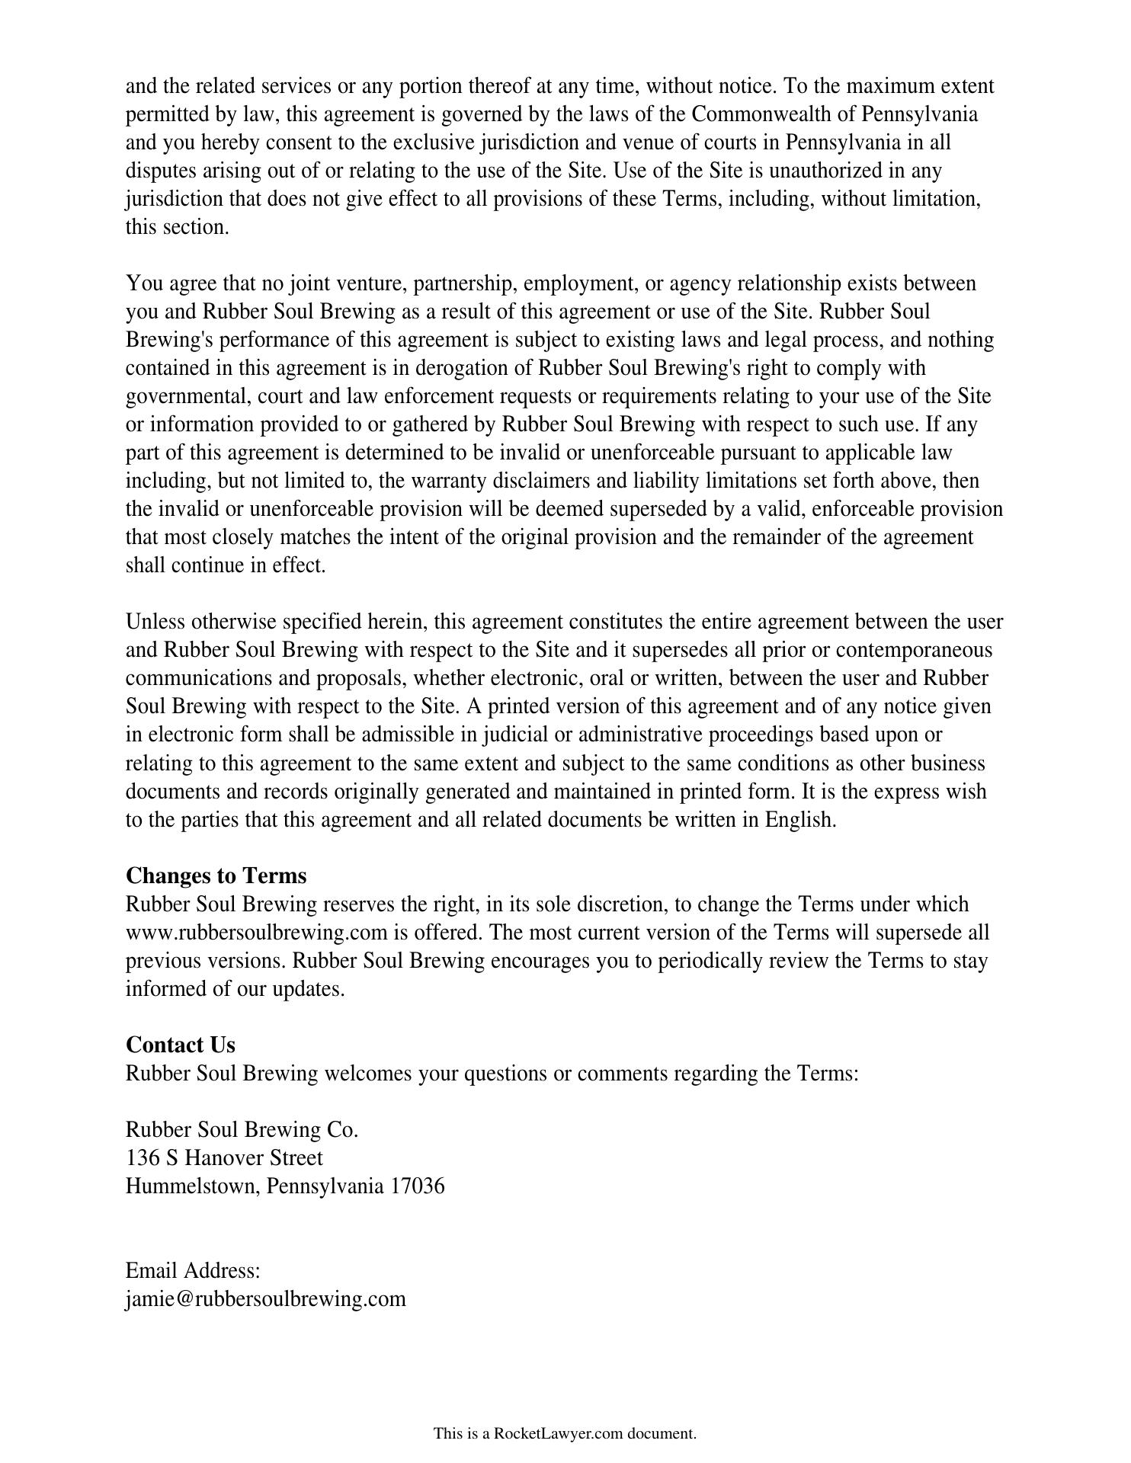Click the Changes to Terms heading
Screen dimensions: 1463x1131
216,876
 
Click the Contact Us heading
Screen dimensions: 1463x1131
181,1045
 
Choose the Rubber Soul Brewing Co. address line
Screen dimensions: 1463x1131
242,1129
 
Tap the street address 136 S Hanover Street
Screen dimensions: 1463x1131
224,1158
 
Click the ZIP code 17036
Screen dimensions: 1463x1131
417,1186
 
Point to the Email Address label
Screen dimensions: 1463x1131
193,1271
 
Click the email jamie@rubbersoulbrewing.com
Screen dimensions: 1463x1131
265,1299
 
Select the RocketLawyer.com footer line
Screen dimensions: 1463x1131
565,1433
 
